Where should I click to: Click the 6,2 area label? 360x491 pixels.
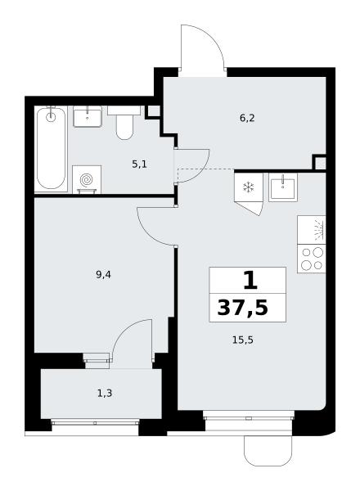click(x=247, y=118)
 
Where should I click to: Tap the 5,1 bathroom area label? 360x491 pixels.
click(x=139, y=164)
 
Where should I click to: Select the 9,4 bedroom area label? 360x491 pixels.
click(x=104, y=275)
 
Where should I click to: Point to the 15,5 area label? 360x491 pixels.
click(x=243, y=340)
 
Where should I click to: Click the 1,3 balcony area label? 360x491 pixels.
click(x=105, y=393)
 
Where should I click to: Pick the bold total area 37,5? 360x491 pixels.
click(x=243, y=308)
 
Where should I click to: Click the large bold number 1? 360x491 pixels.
click(x=250, y=281)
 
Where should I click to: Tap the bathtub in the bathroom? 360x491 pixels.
click(x=51, y=149)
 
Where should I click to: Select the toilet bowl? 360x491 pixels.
click(x=124, y=124)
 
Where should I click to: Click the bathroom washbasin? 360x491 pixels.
click(x=88, y=116)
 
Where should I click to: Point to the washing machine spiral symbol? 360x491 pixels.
click(x=87, y=180)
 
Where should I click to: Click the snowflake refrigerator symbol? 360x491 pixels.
click(x=249, y=187)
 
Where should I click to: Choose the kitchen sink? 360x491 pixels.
click(x=282, y=187)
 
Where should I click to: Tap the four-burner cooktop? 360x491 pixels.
click(x=312, y=259)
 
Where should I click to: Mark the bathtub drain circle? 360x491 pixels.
click(x=51, y=117)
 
